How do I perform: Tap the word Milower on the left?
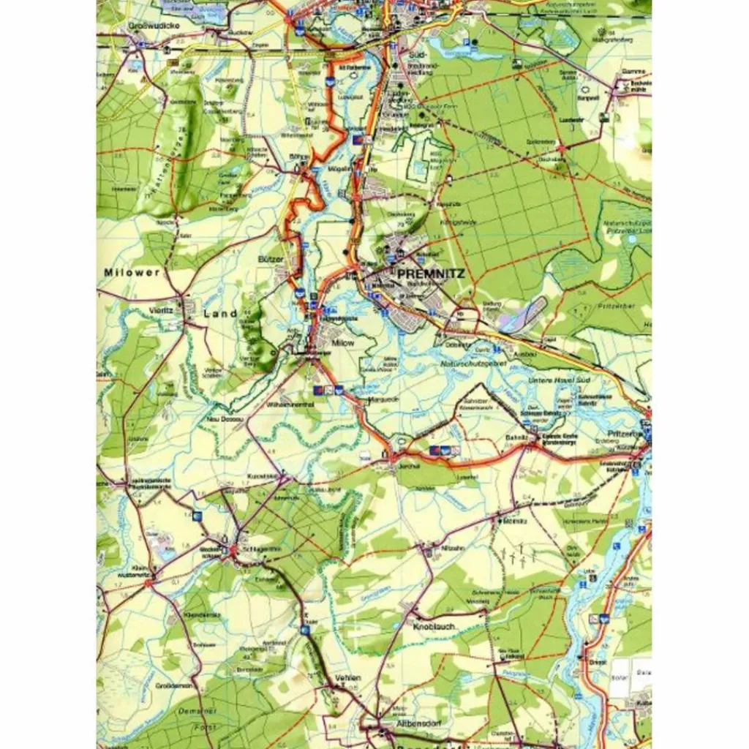(131, 272)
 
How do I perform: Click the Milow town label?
(343, 342)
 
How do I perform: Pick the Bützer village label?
(269, 259)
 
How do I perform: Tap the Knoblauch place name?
(436, 627)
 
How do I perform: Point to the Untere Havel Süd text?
(559, 380)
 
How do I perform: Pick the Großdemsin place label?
(173, 685)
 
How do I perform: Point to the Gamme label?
(631, 72)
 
